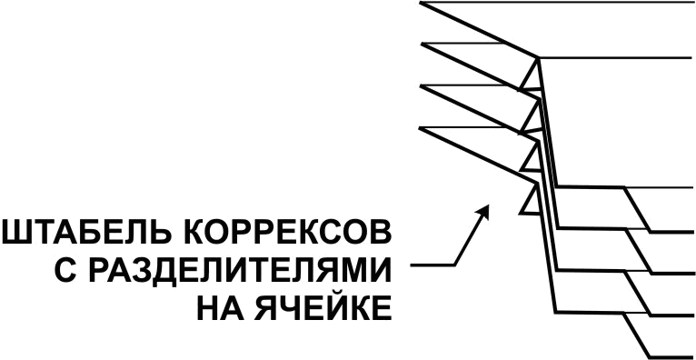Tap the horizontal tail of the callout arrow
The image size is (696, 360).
pos(432,266)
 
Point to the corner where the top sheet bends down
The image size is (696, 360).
pos(539,59)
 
